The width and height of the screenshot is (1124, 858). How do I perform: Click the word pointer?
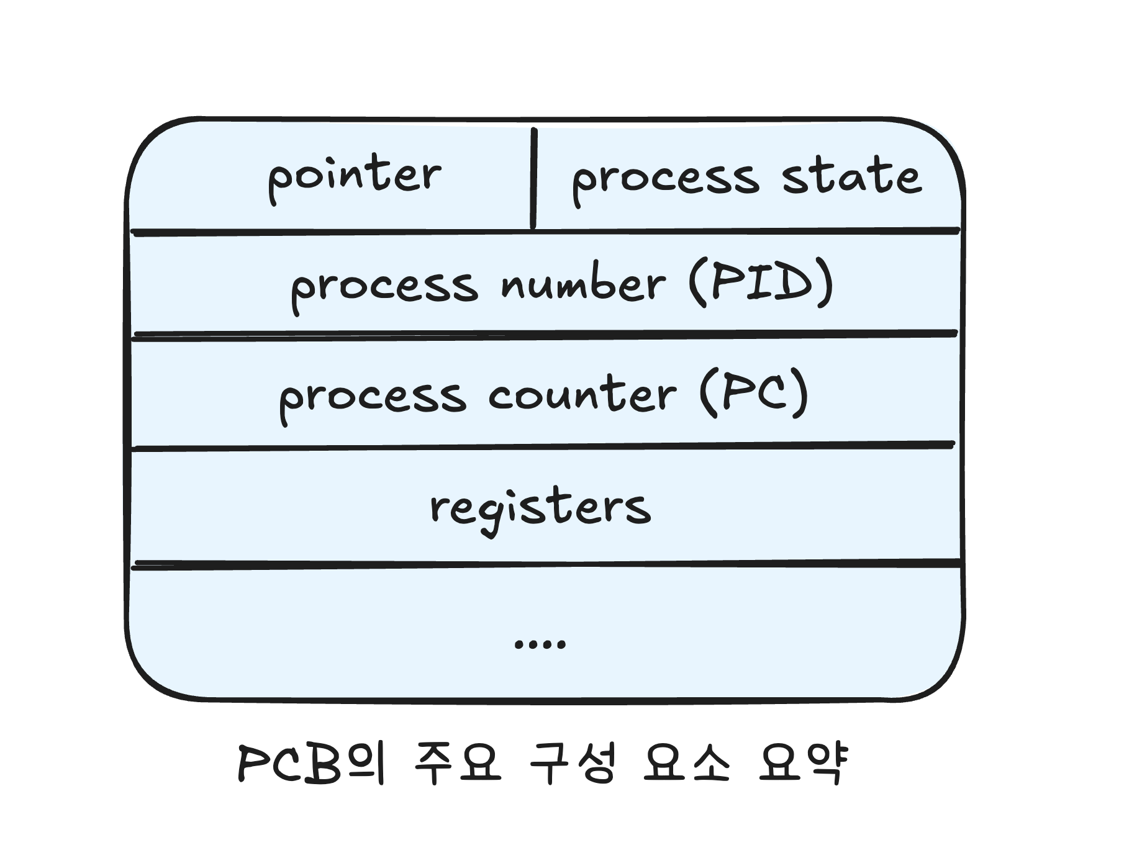355,177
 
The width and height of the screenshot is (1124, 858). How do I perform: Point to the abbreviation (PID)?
761,282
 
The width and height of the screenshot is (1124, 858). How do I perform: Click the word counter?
582,394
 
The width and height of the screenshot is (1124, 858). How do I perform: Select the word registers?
540,510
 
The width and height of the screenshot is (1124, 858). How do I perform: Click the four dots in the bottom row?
540,644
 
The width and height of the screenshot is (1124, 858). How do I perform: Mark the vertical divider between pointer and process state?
533,178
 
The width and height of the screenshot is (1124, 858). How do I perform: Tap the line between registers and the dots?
546,564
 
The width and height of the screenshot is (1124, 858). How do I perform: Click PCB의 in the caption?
311,763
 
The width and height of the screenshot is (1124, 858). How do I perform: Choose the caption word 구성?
573,763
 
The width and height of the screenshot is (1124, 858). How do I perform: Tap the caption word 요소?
687,763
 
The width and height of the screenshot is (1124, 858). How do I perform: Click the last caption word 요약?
803,763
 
